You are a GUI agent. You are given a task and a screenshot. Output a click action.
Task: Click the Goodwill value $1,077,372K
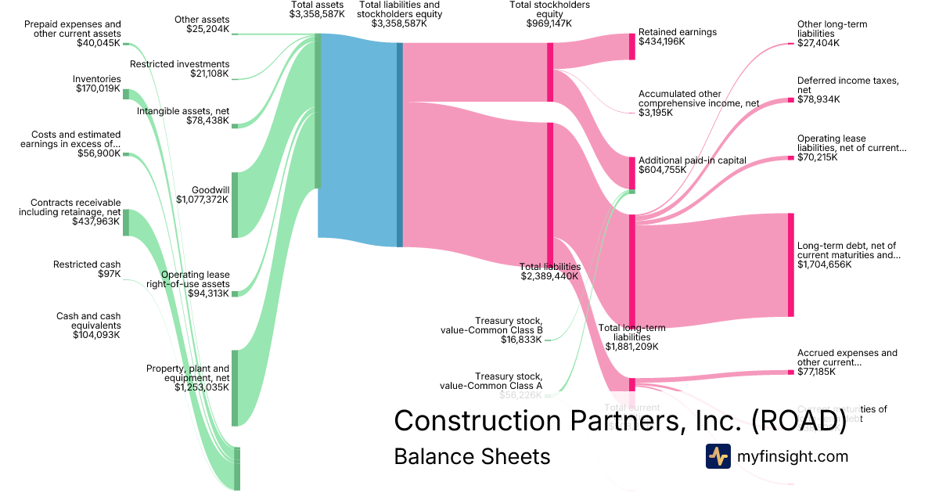(203, 200)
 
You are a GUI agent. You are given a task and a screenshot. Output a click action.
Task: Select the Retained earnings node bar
(632, 46)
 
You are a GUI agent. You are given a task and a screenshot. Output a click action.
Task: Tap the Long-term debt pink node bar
(790, 264)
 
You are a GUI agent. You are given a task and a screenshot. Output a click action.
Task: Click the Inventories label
(97, 79)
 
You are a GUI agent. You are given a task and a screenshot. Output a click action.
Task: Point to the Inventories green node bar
(125, 94)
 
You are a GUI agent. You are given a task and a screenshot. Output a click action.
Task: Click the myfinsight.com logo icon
(718, 456)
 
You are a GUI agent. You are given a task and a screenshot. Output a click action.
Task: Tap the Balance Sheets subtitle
(472, 456)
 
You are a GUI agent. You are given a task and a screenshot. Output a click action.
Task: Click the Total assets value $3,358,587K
(317, 14)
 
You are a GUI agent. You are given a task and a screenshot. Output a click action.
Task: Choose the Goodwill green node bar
(235, 204)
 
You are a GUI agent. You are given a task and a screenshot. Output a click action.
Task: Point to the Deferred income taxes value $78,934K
(818, 99)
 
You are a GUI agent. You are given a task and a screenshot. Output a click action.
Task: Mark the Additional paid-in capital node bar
(632, 173)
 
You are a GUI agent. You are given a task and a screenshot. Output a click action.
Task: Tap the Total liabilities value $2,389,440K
(549, 276)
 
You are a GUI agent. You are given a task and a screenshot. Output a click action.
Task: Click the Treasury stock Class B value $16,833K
(522, 340)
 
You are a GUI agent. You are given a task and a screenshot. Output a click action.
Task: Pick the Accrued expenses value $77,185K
(816, 372)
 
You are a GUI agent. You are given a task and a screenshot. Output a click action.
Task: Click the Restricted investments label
(180, 64)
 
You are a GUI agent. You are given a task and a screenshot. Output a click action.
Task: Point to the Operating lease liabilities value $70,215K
(817, 157)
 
